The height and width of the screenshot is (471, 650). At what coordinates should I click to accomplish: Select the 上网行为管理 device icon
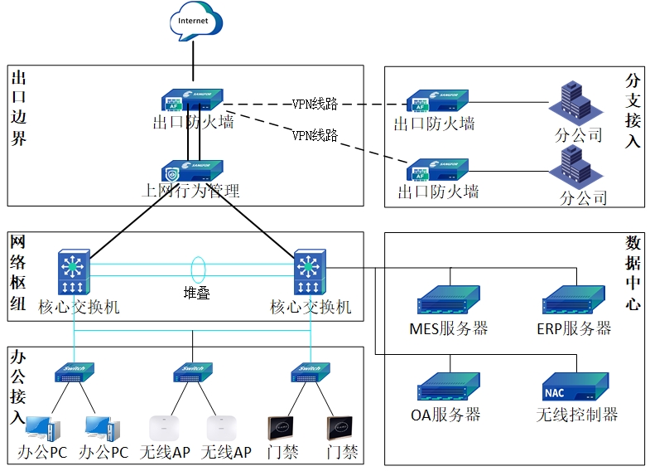pos(192,170)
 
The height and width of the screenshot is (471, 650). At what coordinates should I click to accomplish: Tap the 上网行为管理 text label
pos(191,192)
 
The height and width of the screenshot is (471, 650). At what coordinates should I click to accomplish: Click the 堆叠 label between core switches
pos(197,293)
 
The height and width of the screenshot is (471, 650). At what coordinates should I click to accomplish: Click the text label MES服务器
pos(449,328)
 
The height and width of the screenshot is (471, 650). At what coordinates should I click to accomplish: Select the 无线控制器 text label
pos(577,415)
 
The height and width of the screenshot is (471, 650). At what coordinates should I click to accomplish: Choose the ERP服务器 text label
pos(574,328)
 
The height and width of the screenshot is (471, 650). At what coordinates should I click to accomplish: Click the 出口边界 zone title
pos(19,109)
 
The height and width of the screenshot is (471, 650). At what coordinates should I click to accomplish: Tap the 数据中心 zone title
pos(633,273)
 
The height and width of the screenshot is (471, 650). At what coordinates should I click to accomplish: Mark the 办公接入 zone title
pos(18,386)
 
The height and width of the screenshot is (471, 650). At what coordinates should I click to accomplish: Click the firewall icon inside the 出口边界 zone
pos(192,100)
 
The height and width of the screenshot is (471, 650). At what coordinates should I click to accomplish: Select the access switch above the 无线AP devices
pos(193,372)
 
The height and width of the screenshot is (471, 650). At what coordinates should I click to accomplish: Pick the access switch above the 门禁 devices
pos(310,372)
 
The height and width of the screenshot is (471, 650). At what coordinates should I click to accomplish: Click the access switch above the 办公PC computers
pos(75,372)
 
